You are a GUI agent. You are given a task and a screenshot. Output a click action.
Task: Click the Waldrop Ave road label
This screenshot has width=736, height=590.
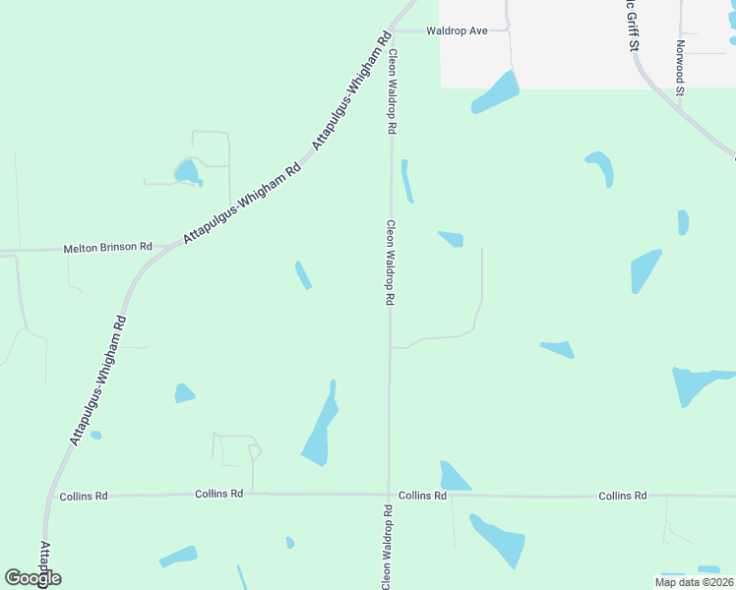457,30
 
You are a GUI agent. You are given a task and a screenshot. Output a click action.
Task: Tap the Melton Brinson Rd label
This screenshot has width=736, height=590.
108,248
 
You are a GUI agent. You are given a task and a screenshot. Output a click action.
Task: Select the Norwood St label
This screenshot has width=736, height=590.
680,68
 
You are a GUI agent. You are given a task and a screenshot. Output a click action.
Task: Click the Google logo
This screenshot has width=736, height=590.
33,577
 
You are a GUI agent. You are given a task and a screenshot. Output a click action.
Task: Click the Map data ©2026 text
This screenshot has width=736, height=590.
694,582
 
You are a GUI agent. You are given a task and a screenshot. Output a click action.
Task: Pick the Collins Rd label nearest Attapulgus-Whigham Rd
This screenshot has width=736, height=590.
84,497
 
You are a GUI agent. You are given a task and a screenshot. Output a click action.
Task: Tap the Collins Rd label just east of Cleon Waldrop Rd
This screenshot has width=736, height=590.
422,497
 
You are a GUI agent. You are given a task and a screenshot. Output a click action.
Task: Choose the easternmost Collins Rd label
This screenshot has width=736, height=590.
623,496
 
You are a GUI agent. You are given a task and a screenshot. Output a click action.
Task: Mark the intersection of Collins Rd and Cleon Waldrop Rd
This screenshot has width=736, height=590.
390,496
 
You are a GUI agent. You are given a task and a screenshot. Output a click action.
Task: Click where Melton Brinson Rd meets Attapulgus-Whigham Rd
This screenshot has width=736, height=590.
159,247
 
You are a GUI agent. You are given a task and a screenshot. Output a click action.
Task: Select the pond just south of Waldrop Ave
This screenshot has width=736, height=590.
496,92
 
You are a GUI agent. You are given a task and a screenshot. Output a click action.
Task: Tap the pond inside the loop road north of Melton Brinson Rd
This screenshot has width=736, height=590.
186,173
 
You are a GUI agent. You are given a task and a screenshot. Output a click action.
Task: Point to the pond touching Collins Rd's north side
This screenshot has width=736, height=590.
453,477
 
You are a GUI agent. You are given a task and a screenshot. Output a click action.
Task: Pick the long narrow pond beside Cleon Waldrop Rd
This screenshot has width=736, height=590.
406,181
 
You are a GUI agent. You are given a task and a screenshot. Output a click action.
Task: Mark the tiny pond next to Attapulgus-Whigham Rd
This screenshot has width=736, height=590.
95,435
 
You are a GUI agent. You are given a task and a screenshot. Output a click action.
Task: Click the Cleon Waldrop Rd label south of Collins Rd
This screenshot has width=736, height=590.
389,547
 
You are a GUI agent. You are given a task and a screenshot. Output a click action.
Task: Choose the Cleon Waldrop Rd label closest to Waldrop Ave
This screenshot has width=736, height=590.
392,91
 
